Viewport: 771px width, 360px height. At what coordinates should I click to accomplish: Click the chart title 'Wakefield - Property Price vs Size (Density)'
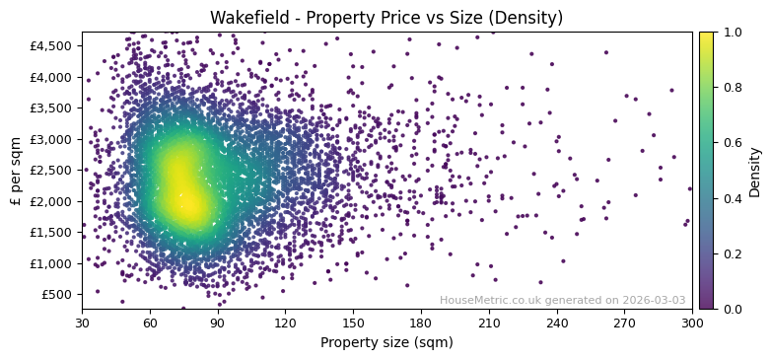point(386,19)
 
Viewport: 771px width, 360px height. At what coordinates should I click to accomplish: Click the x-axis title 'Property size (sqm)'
point(386,342)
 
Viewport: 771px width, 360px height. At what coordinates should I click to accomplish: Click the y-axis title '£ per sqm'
point(16,171)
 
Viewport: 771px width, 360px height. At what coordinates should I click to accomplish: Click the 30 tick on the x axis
point(82,322)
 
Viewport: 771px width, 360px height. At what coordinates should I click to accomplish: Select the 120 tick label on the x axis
point(285,322)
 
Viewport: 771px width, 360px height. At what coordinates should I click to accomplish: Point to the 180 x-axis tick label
point(421,322)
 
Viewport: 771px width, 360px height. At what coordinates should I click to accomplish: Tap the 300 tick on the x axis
point(692,322)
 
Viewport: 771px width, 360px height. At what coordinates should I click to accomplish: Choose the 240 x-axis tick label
point(557,322)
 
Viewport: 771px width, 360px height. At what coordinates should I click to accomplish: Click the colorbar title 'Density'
point(755,171)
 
